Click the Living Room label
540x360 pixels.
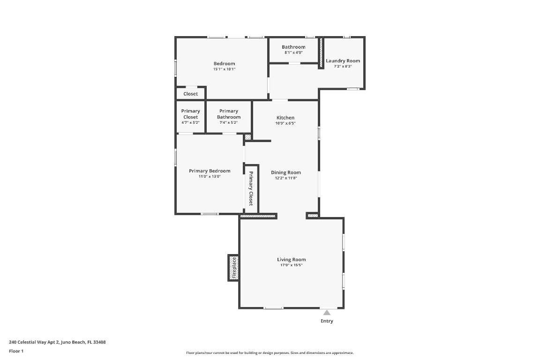tap(291, 260)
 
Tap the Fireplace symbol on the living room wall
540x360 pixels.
tap(234, 268)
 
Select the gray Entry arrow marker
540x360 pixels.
tap(327, 313)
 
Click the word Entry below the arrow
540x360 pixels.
tap(327, 321)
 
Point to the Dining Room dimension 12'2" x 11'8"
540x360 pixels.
tap(286, 178)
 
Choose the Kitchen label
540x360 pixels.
tap(285, 118)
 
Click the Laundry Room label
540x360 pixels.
tap(343, 61)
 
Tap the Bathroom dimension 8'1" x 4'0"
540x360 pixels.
tap(293, 52)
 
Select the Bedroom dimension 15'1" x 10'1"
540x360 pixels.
tap(224, 69)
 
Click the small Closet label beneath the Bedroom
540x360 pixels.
tap(190, 94)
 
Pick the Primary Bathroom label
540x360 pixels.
tap(229, 114)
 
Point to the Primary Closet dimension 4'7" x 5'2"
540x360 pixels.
tap(190, 123)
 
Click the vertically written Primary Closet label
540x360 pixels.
tap(251, 188)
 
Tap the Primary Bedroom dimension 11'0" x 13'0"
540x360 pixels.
tap(210, 177)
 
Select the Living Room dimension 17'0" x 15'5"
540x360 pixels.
tap(291, 265)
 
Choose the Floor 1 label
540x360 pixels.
tap(16, 351)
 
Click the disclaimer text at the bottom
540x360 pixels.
tap(270, 353)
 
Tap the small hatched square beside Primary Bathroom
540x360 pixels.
tap(248, 137)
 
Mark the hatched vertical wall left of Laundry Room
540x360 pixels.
tap(321, 53)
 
